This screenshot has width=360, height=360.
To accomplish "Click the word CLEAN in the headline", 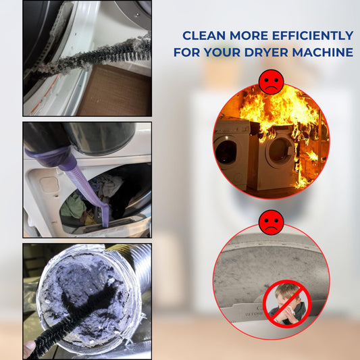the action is [204, 36].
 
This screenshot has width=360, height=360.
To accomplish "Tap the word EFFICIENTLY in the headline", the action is [313, 36].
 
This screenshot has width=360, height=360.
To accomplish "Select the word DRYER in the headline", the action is [266, 53].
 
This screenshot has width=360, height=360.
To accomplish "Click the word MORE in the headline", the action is [249, 36].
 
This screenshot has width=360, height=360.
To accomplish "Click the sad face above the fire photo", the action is [271, 82].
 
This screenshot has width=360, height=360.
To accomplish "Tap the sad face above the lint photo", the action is [271, 222].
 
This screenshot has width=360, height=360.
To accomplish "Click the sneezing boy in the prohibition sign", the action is [287, 303].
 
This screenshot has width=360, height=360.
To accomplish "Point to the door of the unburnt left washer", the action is [226, 152].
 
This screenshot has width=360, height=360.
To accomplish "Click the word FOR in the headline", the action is [186, 53].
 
